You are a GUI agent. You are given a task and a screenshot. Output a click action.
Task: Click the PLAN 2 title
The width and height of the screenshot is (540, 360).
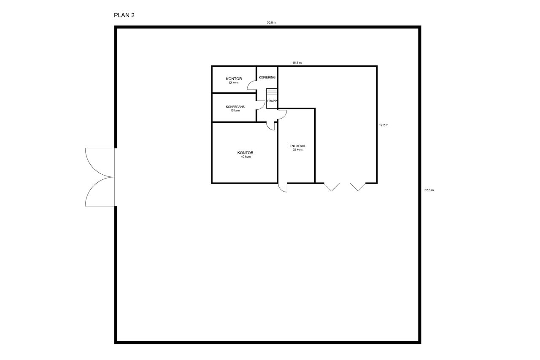[124, 15]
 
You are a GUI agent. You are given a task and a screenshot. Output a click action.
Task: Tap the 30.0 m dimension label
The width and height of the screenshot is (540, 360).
[271, 23]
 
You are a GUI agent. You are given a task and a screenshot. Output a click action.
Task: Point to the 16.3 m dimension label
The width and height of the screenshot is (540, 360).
[297, 63]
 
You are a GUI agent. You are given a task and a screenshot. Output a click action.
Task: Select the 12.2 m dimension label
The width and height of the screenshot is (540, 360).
[383, 125]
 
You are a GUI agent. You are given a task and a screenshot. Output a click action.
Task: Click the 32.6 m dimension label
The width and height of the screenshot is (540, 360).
[429, 190]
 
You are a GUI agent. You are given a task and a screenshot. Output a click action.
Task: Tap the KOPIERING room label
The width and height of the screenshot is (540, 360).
[267, 77]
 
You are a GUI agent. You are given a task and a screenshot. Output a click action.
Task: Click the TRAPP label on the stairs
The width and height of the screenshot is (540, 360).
[272, 101]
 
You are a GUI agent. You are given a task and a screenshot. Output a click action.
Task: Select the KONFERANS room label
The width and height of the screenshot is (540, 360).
[235, 107]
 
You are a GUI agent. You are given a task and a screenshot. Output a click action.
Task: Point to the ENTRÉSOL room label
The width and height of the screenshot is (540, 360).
[298, 146]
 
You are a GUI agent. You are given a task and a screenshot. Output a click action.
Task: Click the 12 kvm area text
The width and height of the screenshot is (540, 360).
[233, 83]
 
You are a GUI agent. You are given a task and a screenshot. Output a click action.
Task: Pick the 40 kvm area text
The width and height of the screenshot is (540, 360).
[246, 157]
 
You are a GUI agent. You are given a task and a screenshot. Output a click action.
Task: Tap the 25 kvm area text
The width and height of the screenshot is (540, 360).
[297, 149]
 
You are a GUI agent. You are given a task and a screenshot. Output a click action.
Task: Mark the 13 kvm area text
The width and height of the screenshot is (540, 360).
[235, 111]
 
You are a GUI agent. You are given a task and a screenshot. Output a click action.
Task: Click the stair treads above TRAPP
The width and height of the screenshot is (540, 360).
[272, 92]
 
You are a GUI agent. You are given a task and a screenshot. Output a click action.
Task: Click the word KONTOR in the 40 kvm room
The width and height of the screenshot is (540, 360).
[246, 153]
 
